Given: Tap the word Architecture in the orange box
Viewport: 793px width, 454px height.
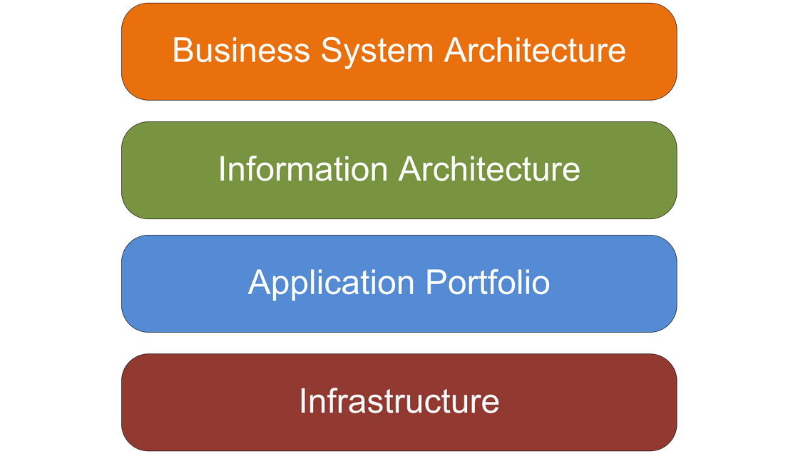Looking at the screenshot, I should click(x=535, y=51).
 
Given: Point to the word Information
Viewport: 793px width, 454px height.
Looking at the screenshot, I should click(x=302, y=169).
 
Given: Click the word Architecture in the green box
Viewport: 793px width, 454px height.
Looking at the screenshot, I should click(x=489, y=169).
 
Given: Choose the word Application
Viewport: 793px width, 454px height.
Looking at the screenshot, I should click(x=331, y=283).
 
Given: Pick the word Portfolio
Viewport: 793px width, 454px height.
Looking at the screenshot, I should click(x=488, y=283).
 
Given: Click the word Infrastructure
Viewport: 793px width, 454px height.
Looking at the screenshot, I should click(x=399, y=400).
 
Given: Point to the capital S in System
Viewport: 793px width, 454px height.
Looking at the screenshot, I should click(x=331, y=51).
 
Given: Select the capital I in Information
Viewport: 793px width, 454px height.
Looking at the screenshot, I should click(x=222, y=169).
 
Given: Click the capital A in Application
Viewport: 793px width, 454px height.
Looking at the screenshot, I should click(x=260, y=283).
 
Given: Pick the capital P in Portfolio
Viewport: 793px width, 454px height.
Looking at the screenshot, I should click(x=435, y=283).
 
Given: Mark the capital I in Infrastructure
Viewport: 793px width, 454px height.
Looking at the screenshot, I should click(x=302, y=400).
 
